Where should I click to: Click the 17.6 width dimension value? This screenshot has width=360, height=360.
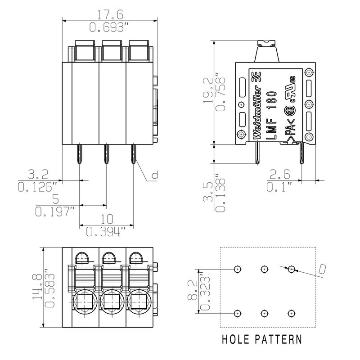[110, 14]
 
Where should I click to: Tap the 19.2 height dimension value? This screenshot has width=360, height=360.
[208, 90]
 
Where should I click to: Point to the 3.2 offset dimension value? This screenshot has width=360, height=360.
[38, 174]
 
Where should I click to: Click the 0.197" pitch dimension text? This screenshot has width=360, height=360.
[55, 211]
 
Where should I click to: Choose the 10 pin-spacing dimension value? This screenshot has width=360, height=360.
[107, 219]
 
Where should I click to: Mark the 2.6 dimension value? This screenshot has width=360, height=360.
[279, 174]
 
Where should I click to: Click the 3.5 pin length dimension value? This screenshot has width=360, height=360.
[208, 192]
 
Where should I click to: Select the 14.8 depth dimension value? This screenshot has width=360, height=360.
[37, 287]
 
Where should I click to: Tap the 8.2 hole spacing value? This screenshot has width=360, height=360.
[193, 290]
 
